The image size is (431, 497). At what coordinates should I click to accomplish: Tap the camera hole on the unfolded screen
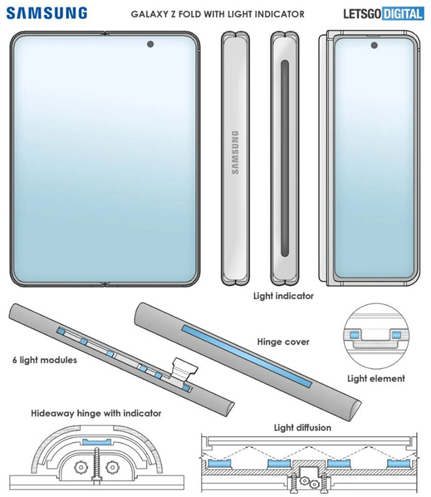coord(152,46)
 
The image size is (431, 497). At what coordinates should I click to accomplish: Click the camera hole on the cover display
coord(375,46)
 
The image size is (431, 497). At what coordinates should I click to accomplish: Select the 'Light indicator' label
coord(283,296)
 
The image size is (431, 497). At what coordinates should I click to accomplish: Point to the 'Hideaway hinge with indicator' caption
coord(96,413)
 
